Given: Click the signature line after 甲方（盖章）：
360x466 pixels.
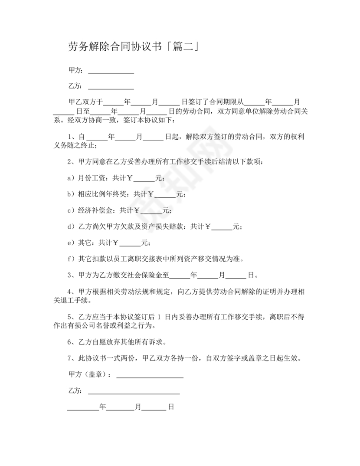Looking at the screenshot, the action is point(150,376).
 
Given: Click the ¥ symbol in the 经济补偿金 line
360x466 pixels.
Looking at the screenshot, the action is point(137,210).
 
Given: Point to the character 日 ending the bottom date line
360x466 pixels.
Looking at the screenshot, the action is point(171,407).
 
